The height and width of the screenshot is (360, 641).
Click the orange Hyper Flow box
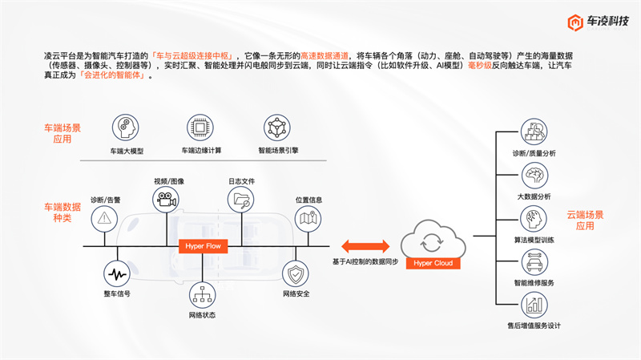[202, 245]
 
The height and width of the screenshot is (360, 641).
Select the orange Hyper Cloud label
[433, 263]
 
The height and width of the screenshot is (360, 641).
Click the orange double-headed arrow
[365, 245]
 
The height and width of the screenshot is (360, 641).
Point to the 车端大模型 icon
[126, 128]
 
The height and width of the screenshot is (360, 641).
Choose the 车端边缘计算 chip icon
[200, 128]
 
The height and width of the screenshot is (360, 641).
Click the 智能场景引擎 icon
[276, 128]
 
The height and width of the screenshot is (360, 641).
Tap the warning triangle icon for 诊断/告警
[104, 216]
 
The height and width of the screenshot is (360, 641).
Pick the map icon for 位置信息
[308, 216]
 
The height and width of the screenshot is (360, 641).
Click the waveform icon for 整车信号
[117, 275]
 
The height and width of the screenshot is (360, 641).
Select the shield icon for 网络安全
[296, 275]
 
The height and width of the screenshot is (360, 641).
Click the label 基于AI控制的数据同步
[365, 262]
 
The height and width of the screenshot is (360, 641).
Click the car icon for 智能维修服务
[534, 261]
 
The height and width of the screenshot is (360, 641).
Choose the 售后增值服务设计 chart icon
[534, 305]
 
